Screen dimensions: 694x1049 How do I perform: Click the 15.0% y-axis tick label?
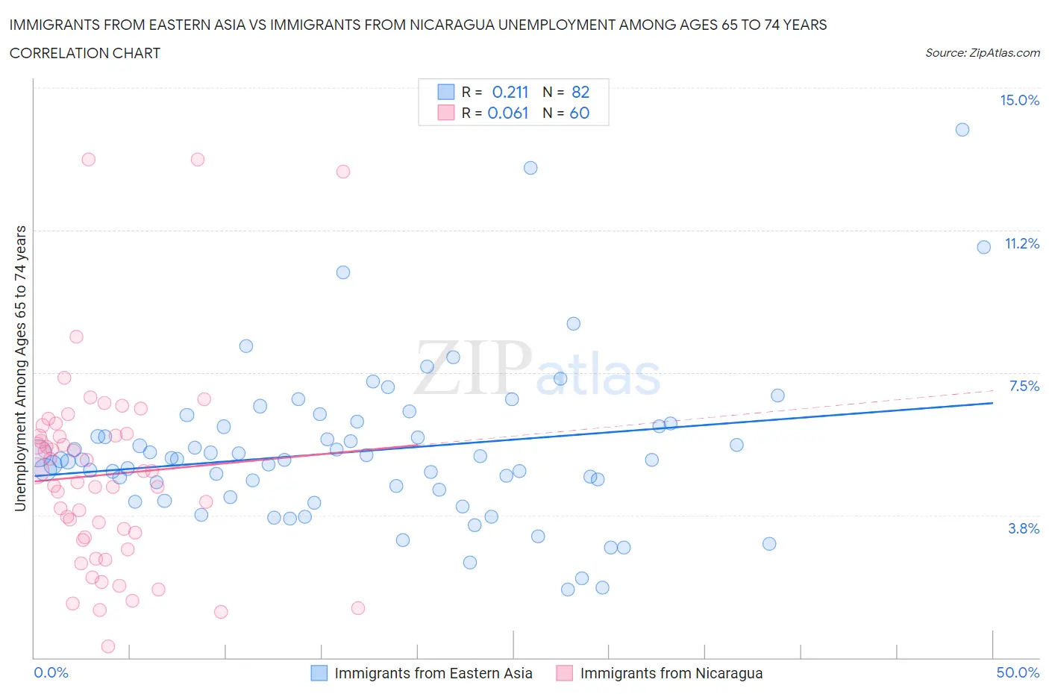pos(1019,101)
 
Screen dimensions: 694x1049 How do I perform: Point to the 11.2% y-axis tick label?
pos(1021,243)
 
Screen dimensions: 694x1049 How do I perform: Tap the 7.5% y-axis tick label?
pos(1024,386)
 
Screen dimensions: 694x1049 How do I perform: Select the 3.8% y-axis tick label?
pos(1024,528)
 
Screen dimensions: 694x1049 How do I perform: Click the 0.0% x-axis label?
pos(51,672)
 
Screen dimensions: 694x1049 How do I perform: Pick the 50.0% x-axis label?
pos(1018,672)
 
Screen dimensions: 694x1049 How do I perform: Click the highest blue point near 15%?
pos(962,130)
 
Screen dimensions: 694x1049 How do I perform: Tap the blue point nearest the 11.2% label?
pos(984,247)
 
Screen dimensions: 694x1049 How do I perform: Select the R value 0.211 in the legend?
pos(510,92)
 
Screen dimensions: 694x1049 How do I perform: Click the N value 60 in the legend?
pos(580,113)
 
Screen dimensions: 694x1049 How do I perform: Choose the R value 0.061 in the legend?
pos(508,113)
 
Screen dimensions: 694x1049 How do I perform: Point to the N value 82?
pos(580,92)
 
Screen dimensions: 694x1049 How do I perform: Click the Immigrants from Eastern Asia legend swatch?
pos(319,673)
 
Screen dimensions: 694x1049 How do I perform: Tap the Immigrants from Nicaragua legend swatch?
pos(565,673)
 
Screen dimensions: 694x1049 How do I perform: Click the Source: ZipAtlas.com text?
pos(982,53)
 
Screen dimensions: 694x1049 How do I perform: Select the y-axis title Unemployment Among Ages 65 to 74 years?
pos(21,369)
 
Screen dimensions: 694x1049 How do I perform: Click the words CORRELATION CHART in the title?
pos(85,53)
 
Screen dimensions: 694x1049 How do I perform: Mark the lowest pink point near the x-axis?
pos(108,646)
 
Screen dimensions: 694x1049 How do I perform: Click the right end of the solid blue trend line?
pos(993,403)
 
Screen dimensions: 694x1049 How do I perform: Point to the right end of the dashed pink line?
pos(993,390)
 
